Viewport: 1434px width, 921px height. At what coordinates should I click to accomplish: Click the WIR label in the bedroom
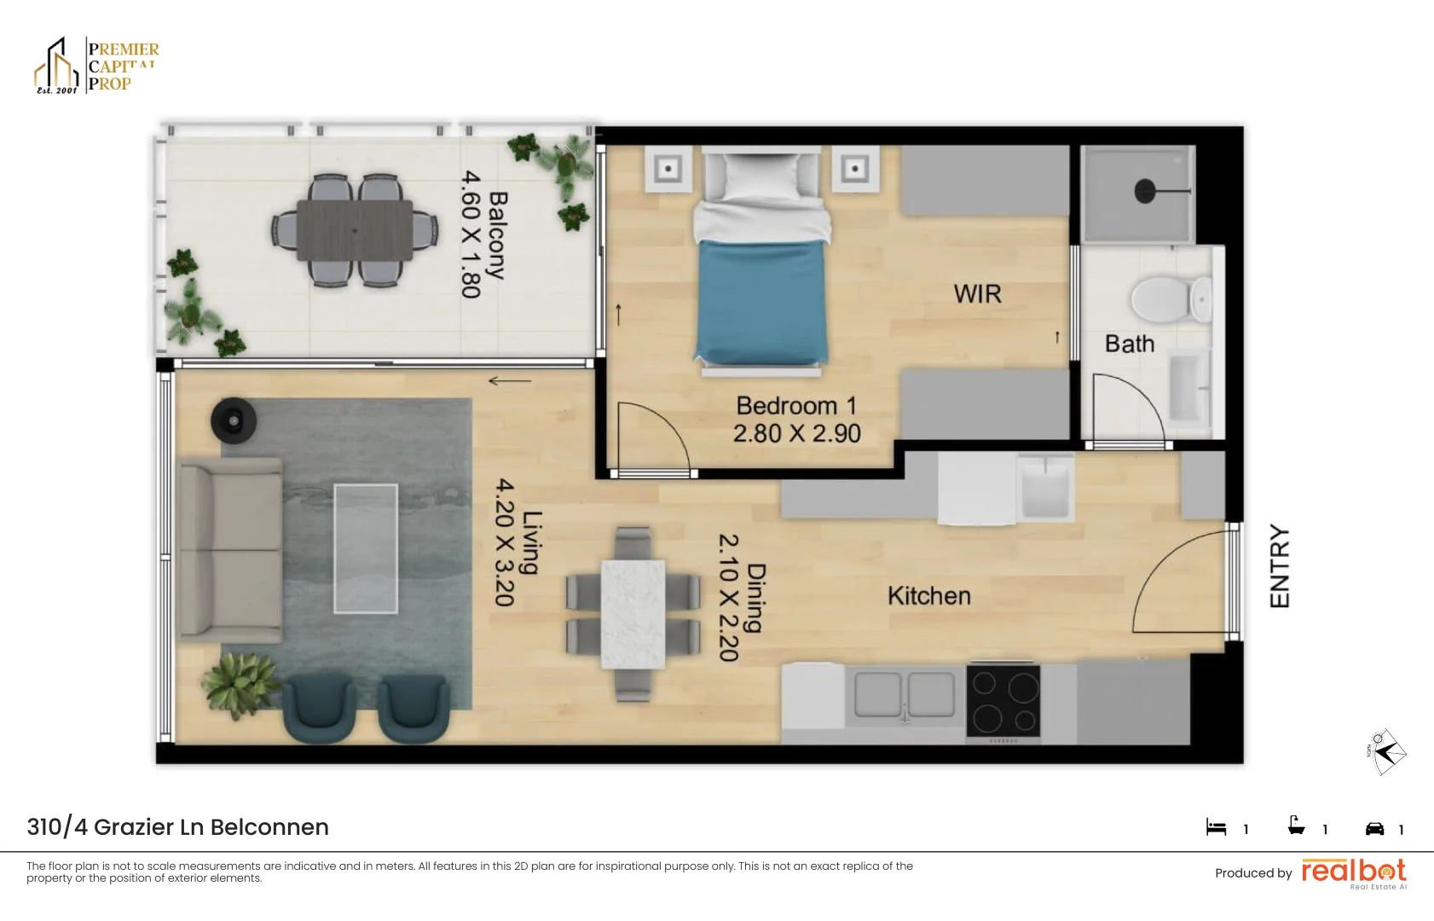977,294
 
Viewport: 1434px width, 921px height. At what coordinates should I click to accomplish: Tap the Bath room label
1129,344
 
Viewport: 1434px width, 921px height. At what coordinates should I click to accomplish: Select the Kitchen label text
928,595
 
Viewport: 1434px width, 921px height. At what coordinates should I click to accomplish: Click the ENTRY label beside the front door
1280,565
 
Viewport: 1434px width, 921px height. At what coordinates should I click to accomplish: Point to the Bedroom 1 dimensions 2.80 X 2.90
797,434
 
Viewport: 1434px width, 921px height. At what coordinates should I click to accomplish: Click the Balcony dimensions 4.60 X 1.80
471,235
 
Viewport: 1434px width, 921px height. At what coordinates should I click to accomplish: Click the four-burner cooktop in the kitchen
1004,701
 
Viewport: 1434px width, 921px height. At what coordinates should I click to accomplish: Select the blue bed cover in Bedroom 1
761,300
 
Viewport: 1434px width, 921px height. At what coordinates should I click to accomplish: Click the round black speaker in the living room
233,419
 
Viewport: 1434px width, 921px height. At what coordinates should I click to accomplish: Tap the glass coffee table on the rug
366,548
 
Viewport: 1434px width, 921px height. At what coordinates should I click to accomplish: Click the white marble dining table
633,613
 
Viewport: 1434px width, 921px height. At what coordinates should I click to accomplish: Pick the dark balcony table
355,229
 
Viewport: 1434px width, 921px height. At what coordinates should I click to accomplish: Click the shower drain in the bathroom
1145,191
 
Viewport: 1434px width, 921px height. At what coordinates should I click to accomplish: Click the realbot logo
1353,872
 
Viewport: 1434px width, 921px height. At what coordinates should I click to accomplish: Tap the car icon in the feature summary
1374,828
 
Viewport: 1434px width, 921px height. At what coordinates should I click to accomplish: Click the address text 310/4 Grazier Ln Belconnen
177,827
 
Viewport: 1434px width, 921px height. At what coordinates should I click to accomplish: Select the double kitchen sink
905,693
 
